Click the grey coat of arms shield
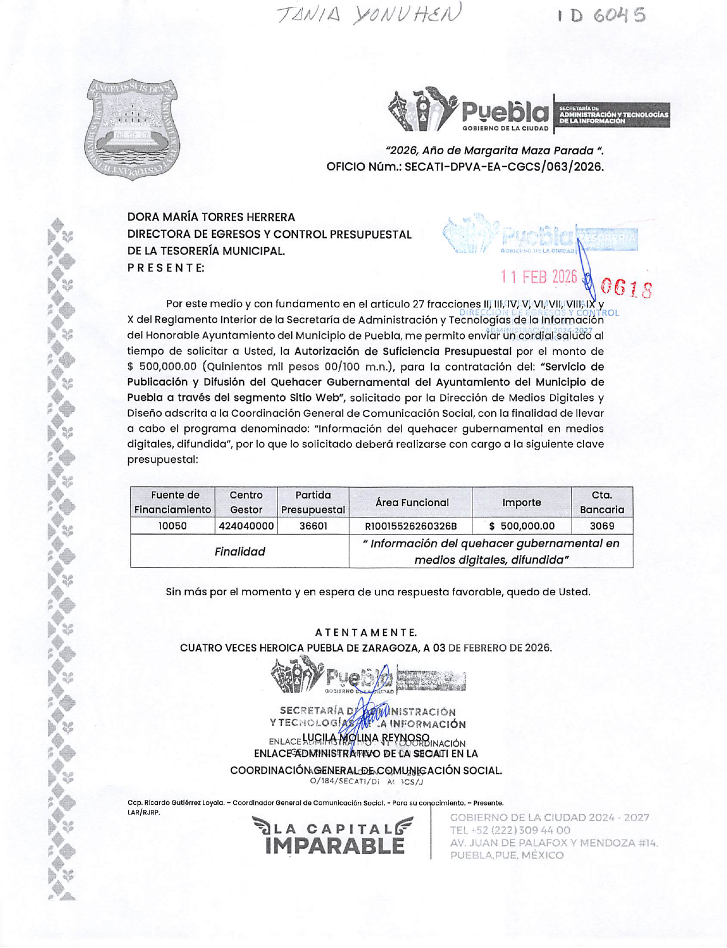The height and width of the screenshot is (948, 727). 132,129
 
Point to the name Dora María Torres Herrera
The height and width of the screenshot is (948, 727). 211,217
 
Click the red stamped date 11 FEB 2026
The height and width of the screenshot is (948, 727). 539,277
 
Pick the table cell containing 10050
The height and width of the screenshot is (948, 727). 173,526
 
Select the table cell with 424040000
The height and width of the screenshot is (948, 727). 246,526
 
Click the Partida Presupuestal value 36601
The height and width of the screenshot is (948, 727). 313,526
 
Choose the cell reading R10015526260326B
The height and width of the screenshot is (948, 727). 411,526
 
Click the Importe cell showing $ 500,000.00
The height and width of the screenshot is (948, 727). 522,526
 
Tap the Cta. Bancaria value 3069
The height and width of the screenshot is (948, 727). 601,526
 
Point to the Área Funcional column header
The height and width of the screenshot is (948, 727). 411,502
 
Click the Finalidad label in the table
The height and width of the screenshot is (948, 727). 240,552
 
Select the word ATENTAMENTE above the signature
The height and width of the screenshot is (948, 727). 366,633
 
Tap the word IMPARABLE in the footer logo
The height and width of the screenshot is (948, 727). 335,846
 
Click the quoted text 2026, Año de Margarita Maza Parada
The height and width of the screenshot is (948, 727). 495,151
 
